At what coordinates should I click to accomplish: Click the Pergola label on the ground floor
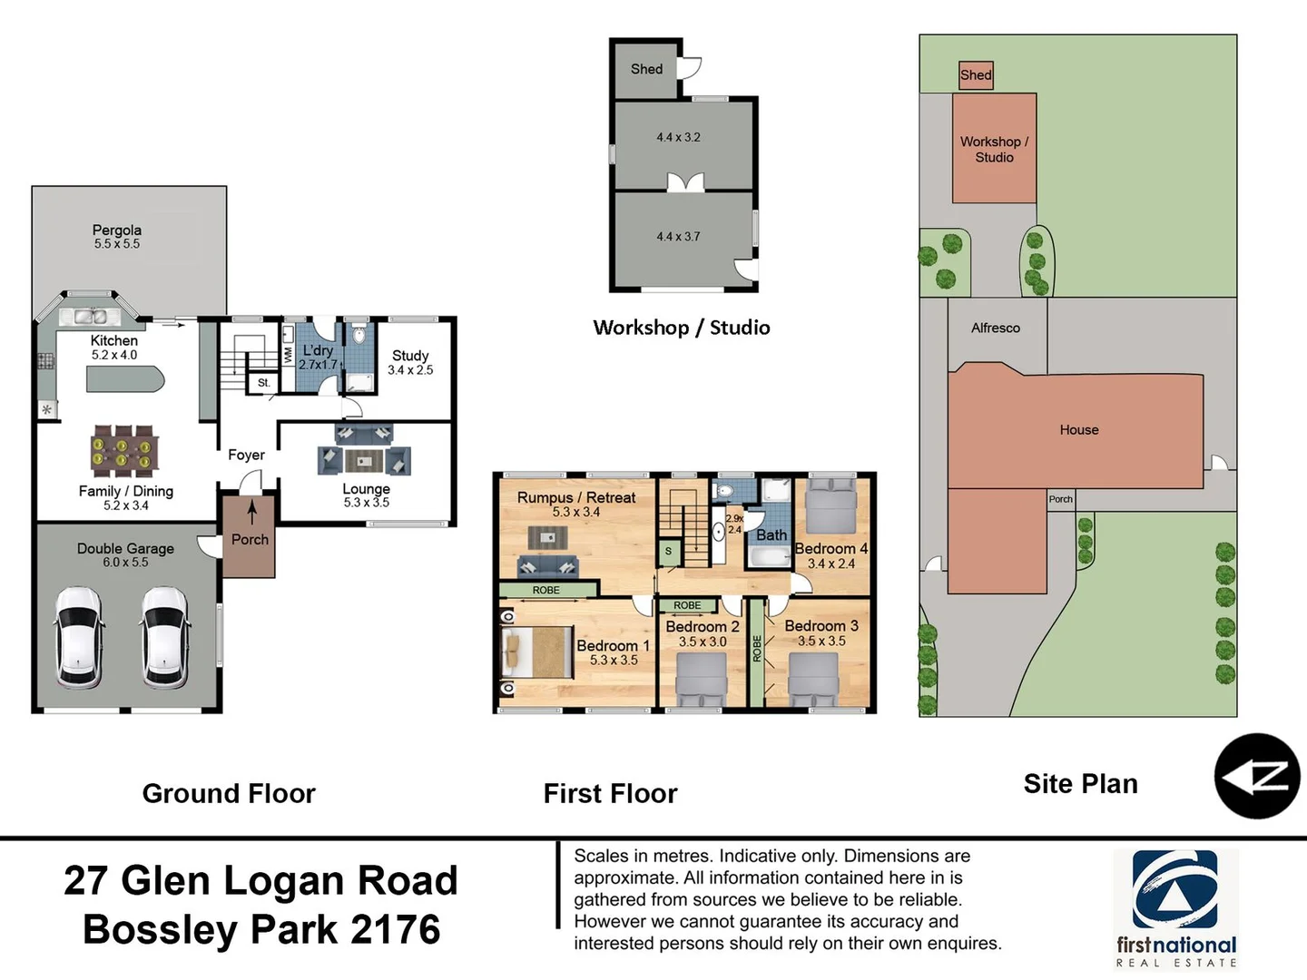pos(116,230)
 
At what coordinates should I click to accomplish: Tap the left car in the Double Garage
pos(79,637)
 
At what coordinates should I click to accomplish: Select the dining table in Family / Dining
pos(124,451)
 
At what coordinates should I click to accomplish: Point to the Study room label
pos(410,356)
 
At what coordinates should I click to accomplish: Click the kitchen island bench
pos(125,379)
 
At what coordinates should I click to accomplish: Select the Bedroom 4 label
pos(830,549)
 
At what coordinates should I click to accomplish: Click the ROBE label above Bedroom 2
pos(687,605)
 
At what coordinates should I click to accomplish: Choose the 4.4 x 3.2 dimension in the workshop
pos(678,138)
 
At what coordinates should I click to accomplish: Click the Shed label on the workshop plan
pos(646,69)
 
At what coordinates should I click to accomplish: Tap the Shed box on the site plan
pos(976,75)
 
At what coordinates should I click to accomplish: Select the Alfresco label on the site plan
pos(995,328)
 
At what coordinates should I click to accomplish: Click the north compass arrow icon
pos(1257,777)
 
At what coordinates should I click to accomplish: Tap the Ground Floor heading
pos(229,794)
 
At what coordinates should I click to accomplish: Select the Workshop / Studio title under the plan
pos(681,328)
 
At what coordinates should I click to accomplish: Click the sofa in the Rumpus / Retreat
pos(547,567)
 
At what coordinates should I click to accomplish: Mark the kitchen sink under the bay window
pos(90,317)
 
